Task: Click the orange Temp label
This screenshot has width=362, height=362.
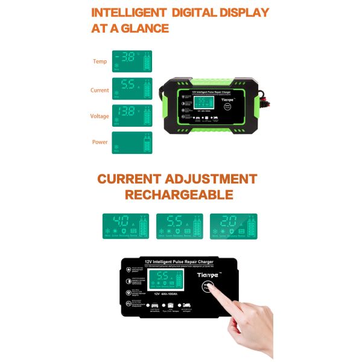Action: [100, 62]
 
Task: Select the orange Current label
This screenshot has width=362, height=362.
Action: [100, 91]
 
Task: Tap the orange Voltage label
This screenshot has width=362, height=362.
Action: [100, 116]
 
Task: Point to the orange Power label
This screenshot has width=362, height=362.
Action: [100, 143]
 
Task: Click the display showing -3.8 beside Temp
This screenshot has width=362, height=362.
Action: [132, 61]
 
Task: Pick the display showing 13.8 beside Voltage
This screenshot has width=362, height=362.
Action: [132, 115]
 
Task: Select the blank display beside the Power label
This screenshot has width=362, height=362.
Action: [132, 143]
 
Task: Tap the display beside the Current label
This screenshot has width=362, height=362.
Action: [132, 88]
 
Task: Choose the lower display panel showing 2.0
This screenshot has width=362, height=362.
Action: [233, 227]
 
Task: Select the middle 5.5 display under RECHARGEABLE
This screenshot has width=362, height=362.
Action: [180, 227]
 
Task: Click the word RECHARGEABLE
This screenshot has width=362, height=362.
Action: [179, 195]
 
